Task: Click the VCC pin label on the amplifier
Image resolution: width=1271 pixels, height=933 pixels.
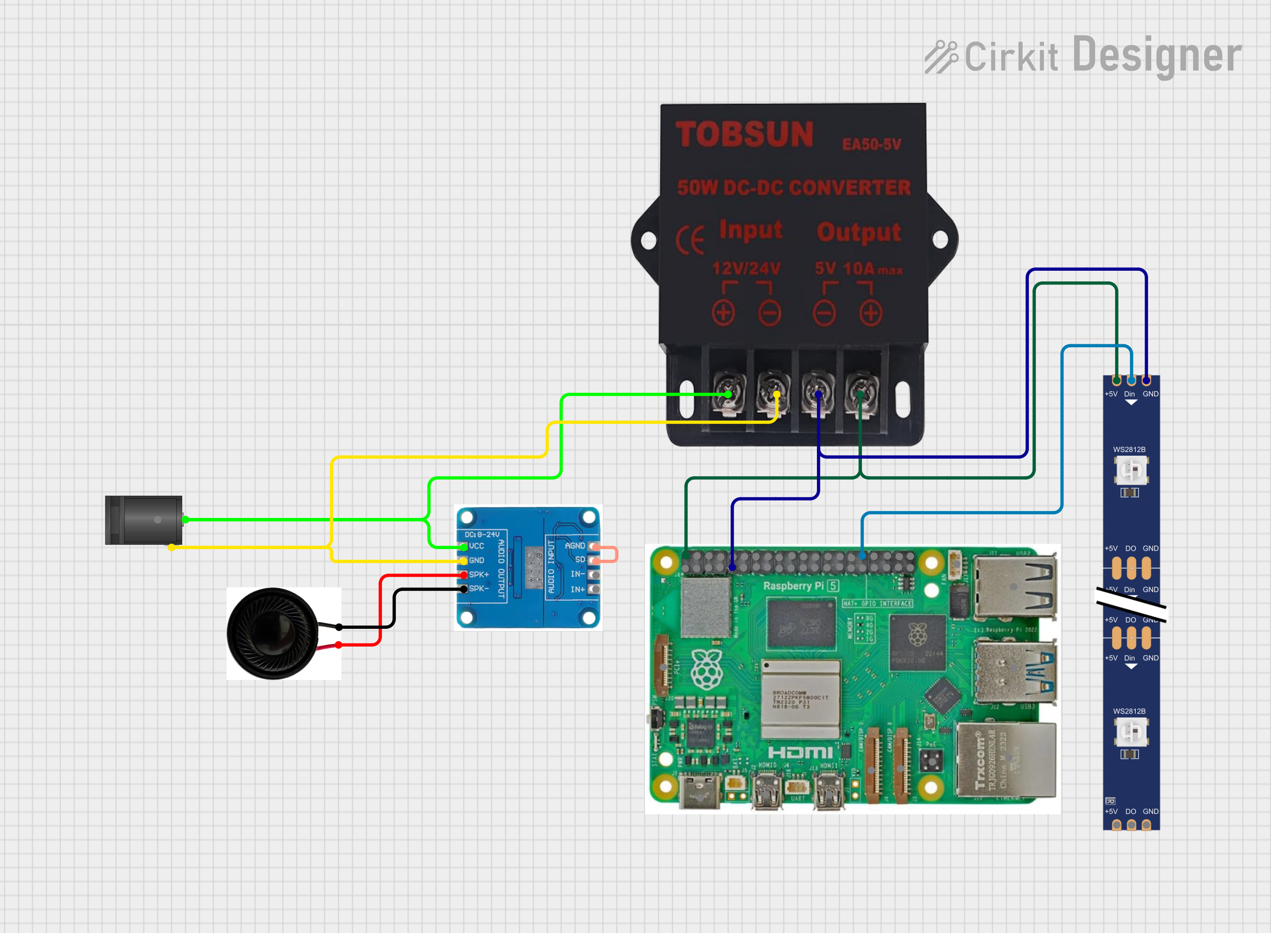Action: pyautogui.click(x=476, y=546)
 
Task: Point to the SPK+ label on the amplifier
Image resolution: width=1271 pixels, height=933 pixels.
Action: pyautogui.click(x=479, y=574)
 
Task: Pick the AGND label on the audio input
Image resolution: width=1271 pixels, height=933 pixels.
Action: pyautogui.click(x=574, y=546)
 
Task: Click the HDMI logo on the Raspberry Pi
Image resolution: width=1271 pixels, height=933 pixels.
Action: pyautogui.click(x=800, y=752)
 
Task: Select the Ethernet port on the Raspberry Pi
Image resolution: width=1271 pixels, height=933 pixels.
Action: pyautogui.click(x=1005, y=760)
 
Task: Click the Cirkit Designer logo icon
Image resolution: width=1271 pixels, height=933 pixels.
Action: pyautogui.click(x=941, y=57)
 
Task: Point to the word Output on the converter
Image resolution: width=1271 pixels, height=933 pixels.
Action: pyautogui.click(x=858, y=232)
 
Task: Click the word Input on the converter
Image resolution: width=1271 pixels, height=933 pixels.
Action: pyautogui.click(x=751, y=230)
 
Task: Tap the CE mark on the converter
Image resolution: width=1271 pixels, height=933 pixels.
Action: pyautogui.click(x=690, y=240)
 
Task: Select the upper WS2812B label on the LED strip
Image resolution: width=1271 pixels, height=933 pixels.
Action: pyautogui.click(x=1129, y=449)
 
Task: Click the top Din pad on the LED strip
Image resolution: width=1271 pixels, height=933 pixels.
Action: pyautogui.click(x=1131, y=380)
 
